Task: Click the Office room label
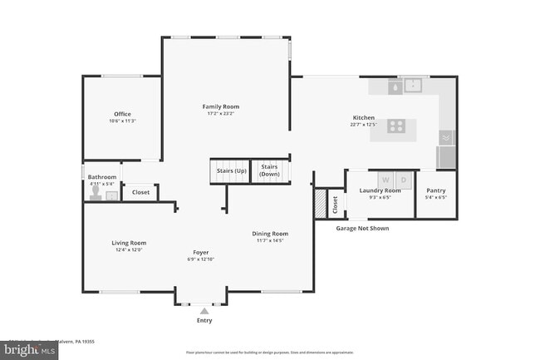click(x=122, y=114)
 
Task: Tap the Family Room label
click(x=220, y=106)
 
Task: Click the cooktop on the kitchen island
click(x=397, y=127)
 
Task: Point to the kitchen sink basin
click(x=412, y=84)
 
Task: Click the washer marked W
click(x=385, y=180)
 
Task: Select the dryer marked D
click(x=403, y=180)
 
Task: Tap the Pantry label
click(x=435, y=190)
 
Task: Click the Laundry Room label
click(x=380, y=190)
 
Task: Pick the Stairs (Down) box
click(x=269, y=170)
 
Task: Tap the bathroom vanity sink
click(x=112, y=195)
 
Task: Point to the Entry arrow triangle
click(x=204, y=310)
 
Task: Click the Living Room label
click(x=129, y=243)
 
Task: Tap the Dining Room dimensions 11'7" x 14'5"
click(x=269, y=241)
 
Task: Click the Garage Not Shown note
click(x=362, y=228)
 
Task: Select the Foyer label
click(x=201, y=252)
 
